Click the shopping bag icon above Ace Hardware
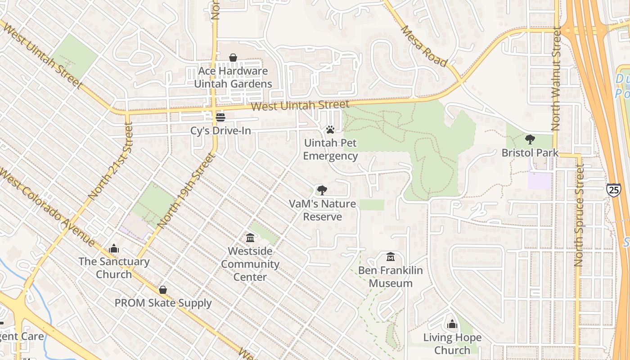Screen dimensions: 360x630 [233, 58]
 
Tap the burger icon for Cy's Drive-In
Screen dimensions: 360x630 [220, 117]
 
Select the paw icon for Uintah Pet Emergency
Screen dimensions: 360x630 [330, 130]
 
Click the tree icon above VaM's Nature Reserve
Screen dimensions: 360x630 [322, 190]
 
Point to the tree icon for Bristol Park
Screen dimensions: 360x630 [530, 139]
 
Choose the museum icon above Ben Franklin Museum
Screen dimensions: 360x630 [391, 257]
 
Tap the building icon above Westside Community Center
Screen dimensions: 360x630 [250, 237]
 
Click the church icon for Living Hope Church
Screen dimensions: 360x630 [452, 324]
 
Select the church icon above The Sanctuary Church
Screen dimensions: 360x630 [114, 248]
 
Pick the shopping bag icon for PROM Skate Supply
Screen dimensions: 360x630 [163, 290]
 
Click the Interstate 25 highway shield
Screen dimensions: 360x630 [613, 189]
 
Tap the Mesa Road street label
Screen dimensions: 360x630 [424, 46]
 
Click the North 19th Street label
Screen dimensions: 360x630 [184, 189]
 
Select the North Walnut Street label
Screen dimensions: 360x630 [556, 79]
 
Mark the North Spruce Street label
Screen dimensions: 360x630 [579, 215]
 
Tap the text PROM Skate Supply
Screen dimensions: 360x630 [163, 303]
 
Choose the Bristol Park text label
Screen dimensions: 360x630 [530, 153]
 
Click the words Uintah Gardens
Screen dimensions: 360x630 [233, 84]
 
